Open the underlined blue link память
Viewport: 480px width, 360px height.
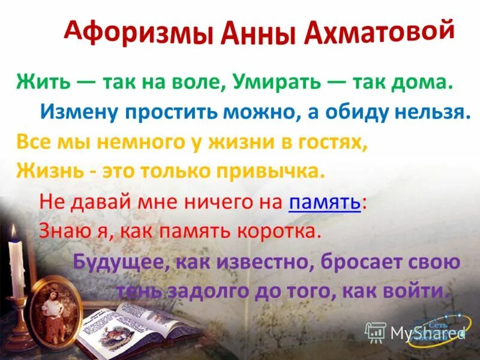tap(325, 203)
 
